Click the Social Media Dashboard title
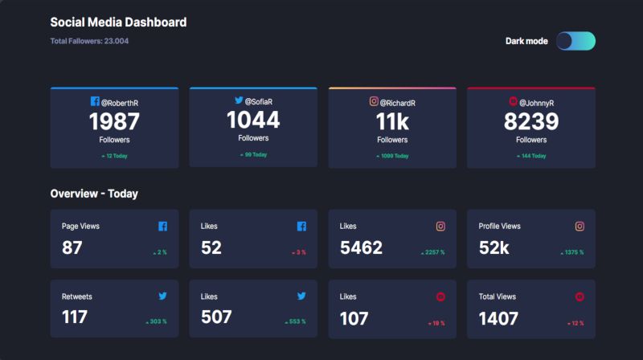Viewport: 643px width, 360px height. (118, 22)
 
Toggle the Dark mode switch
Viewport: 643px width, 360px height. (575, 41)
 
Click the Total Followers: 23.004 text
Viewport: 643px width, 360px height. (89, 41)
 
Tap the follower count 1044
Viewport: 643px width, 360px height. (253, 121)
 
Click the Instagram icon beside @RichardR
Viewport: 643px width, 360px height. (374, 101)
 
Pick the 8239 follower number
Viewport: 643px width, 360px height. (531, 122)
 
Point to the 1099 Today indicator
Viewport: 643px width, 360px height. (392, 156)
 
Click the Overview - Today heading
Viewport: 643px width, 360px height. (94, 194)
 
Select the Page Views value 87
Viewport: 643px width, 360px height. (72, 248)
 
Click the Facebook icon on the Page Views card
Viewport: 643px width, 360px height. (163, 227)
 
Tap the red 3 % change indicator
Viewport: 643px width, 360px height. (299, 252)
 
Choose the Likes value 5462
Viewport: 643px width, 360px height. (361, 248)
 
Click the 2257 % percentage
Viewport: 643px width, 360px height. (432, 252)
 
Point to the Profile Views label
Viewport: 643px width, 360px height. (499, 227)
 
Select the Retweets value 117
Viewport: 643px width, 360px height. (75, 318)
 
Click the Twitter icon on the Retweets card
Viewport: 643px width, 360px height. (163, 297)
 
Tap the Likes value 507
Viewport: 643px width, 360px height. (216, 318)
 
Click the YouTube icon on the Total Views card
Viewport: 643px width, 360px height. (580, 297)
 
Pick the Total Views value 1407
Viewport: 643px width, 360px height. (498, 318)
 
